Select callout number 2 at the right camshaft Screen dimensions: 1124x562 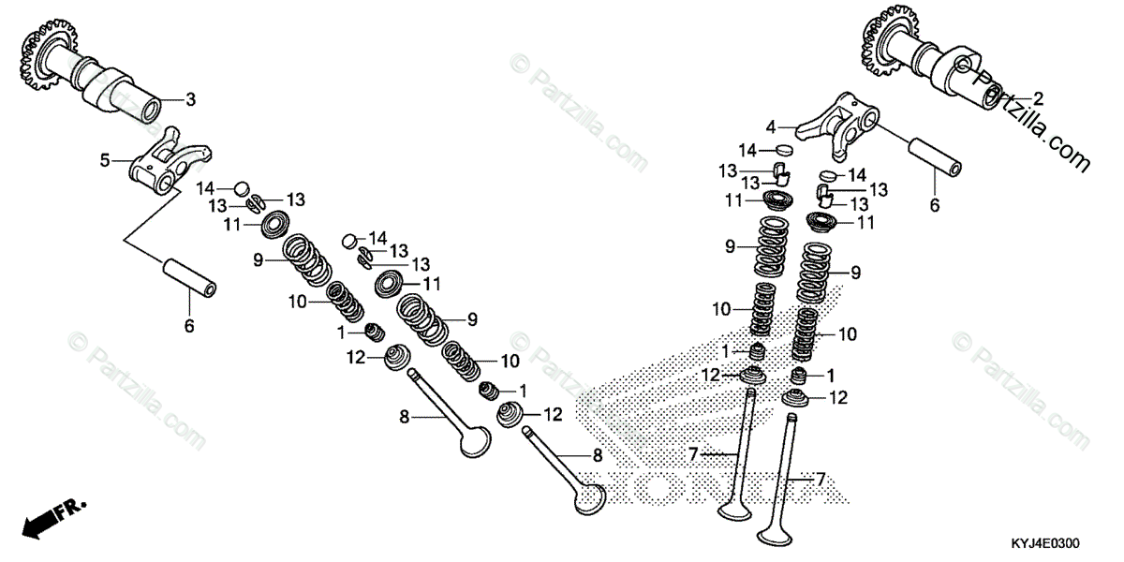coord(1038,96)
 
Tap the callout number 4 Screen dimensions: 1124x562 coord(771,126)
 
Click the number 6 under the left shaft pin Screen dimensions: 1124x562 coord(188,326)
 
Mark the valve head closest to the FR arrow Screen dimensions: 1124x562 coord(476,441)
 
